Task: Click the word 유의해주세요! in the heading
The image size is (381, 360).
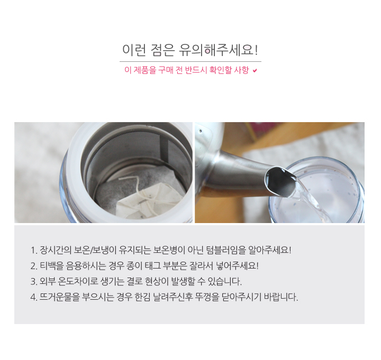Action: coord(218,50)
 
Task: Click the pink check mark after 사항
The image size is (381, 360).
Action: coord(255,71)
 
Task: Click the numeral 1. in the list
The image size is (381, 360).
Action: coord(34,250)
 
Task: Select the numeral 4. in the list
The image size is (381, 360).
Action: coord(34,297)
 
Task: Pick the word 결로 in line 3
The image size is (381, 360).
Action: coord(134,281)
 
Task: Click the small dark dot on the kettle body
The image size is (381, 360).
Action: coord(201,131)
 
